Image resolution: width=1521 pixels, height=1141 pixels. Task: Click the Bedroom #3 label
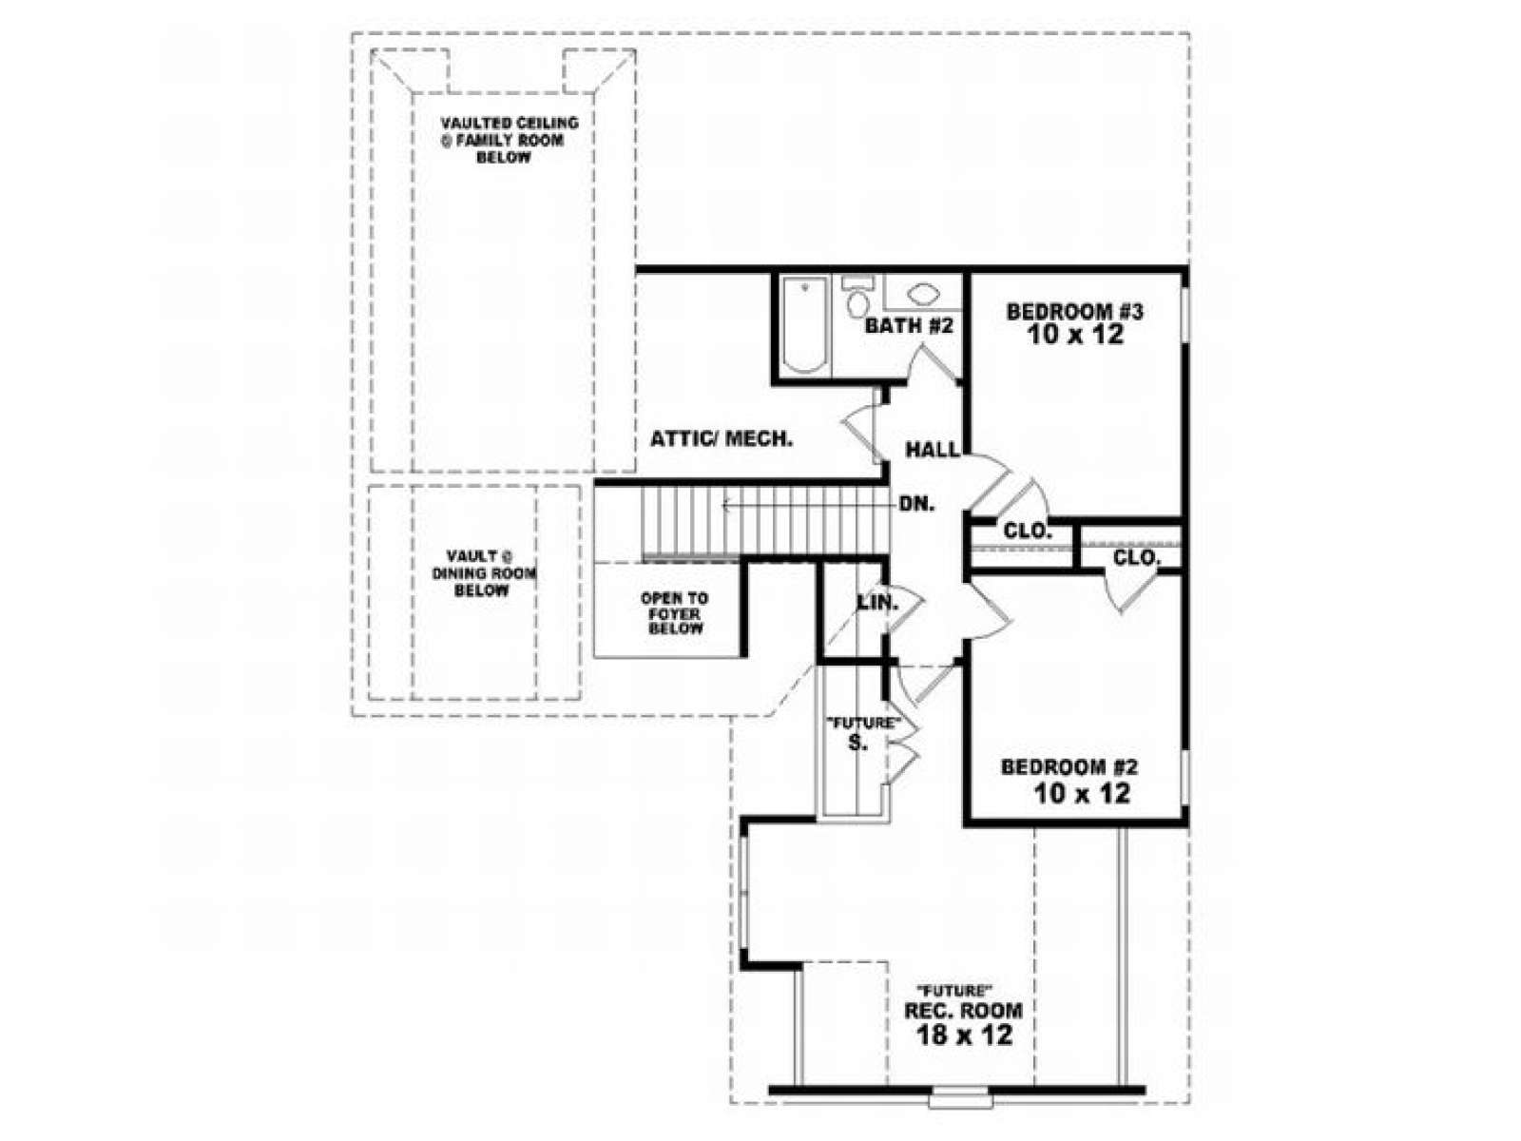point(1074,312)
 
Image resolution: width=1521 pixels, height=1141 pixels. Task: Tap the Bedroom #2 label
point(1069,767)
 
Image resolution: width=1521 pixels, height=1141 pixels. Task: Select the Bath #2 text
point(909,325)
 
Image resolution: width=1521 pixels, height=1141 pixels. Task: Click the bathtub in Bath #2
point(804,325)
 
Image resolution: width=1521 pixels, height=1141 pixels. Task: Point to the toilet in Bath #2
point(857,297)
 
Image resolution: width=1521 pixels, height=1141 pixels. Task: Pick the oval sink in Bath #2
point(923,295)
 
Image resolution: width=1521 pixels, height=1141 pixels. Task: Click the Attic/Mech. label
point(722,438)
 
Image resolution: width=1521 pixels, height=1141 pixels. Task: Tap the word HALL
point(933,451)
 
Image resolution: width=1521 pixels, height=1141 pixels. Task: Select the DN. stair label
point(917,504)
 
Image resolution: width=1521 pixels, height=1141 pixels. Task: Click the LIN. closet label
point(878,603)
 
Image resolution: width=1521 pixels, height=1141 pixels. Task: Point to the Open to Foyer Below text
point(675,614)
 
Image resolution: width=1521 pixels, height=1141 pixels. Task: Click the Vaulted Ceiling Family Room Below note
point(510,140)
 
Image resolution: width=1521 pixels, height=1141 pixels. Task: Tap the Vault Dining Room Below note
point(484,573)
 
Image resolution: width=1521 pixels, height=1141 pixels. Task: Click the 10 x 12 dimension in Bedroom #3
point(1075,336)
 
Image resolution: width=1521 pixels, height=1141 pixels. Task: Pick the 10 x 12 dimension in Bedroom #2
point(1083,793)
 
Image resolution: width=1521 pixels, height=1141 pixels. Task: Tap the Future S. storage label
point(863,733)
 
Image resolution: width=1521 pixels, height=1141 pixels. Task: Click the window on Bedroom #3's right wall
point(1185,315)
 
